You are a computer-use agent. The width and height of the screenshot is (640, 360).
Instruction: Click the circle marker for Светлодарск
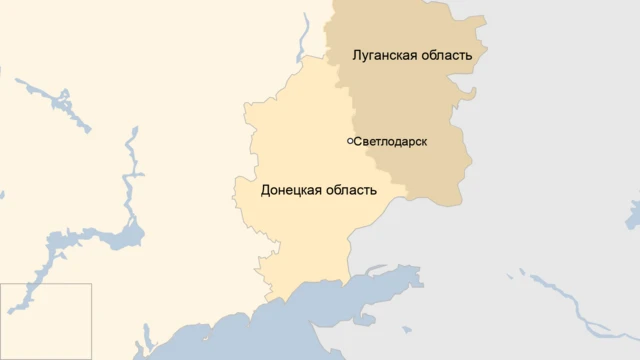click(x=350, y=141)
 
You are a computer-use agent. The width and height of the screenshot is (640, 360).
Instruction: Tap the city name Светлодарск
click(x=391, y=142)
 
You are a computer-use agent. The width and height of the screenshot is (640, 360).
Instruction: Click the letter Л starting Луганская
click(x=355, y=55)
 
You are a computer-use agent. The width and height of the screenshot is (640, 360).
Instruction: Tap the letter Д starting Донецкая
click(x=265, y=190)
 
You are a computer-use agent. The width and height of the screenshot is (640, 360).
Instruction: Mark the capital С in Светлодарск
click(x=358, y=142)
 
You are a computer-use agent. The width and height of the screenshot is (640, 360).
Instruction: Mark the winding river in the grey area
click(x=570, y=300)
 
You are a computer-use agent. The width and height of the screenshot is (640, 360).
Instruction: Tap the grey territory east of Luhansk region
click(x=560, y=120)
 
